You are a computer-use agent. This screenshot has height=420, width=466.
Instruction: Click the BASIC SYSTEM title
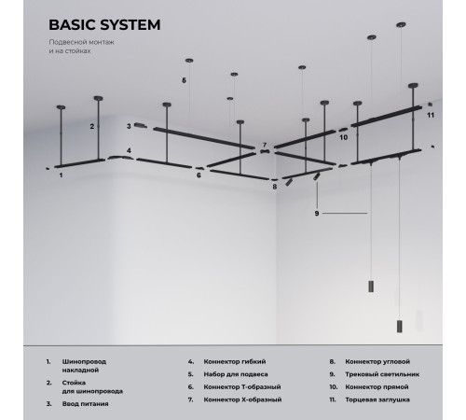[104, 25]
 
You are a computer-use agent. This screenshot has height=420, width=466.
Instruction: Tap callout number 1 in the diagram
[61, 175]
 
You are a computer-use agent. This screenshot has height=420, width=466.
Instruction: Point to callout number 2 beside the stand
[92, 127]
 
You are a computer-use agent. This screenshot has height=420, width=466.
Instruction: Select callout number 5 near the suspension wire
[184, 80]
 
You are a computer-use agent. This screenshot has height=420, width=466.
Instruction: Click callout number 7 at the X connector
[265, 145]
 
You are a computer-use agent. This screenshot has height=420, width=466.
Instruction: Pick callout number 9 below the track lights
[317, 214]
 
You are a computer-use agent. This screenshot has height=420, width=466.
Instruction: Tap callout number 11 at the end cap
[431, 115]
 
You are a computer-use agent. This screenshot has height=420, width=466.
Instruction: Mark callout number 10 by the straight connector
[343, 137]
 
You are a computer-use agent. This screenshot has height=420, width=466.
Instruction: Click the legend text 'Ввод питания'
[86, 404]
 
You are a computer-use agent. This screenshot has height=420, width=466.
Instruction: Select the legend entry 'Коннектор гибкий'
[235, 361]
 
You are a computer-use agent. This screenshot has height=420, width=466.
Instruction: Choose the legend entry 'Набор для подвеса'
[236, 374]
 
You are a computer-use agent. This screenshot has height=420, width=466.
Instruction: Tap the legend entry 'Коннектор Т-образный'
[242, 387]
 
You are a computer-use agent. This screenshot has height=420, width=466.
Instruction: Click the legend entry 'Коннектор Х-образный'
[242, 399]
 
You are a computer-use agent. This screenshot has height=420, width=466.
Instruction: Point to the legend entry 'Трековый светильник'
[382, 374]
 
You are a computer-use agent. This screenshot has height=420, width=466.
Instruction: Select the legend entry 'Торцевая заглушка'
[377, 399]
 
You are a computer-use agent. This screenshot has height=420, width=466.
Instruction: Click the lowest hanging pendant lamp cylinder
[400, 326]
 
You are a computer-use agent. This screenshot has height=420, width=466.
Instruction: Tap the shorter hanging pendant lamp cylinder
[371, 287]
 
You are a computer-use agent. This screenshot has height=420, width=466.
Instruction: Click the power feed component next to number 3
[141, 125]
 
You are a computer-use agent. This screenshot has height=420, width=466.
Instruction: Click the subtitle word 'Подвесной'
[64, 42]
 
